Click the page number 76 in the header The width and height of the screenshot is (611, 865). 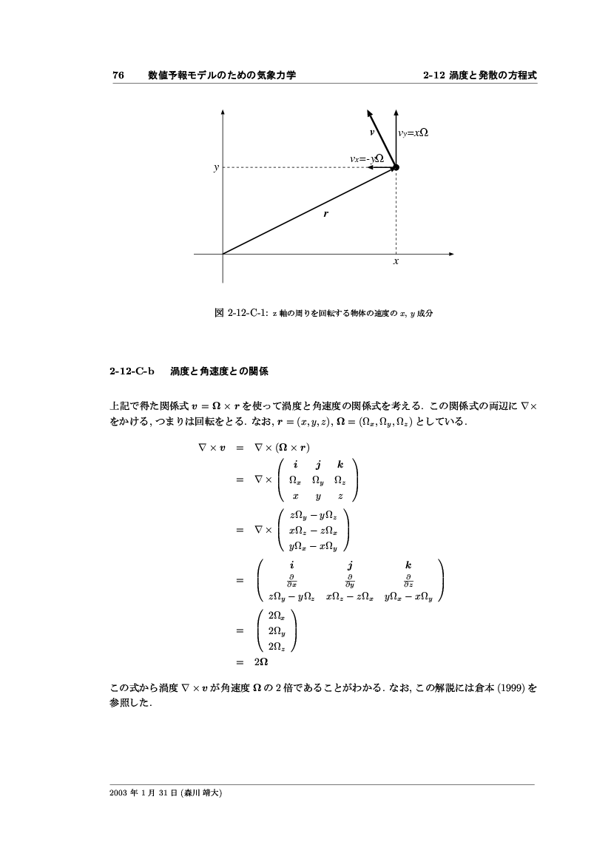pos(117,75)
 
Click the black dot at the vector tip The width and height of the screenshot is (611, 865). pos(396,168)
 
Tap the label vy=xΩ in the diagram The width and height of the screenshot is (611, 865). pos(413,134)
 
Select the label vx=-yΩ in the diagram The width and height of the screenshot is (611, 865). pos(366,158)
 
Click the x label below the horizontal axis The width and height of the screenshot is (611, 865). pos(396,262)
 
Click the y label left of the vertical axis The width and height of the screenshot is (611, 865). pos(216,168)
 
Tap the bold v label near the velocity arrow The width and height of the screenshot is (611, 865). pos(373,132)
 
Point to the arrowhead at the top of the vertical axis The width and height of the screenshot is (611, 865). pos(223,113)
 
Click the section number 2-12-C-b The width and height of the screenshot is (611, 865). pos(132,371)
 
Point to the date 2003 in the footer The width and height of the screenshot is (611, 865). pos(118,792)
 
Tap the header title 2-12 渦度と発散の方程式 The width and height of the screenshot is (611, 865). pos(479,75)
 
